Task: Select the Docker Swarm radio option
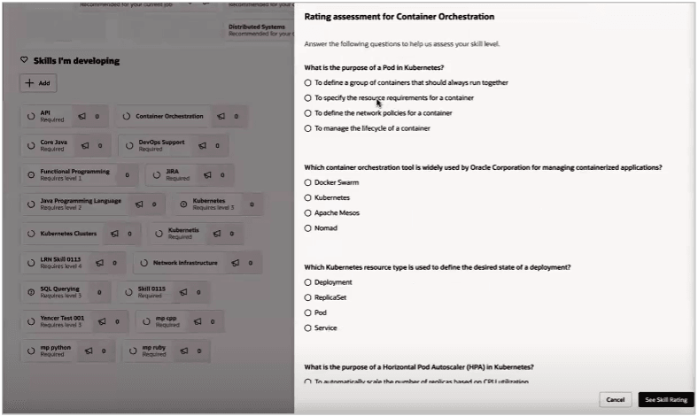point(308,182)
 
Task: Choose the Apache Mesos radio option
point(308,212)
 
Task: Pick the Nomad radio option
point(308,227)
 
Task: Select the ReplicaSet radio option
point(308,297)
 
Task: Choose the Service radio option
point(308,327)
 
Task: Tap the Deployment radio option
point(308,282)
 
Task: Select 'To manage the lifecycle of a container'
point(308,128)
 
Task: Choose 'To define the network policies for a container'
point(308,113)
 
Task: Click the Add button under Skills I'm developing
point(37,82)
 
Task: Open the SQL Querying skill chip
point(59,291)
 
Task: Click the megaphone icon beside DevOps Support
point(203,145)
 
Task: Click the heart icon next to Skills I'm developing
point(24,60)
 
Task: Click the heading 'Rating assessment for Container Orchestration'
point(399,17)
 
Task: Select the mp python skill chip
point(55,351)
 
